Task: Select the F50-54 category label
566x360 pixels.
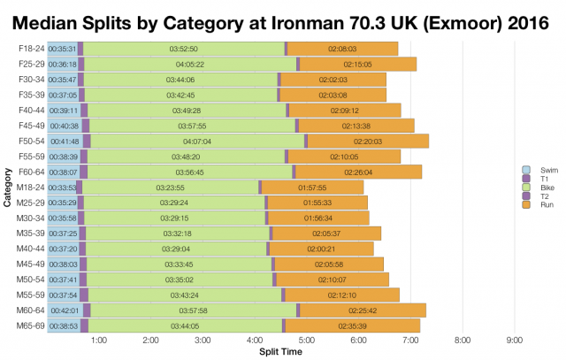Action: (x=31, y=141)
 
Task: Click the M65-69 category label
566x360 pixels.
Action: (x=31, y=326)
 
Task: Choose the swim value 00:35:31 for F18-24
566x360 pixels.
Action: (x=62, y=49)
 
